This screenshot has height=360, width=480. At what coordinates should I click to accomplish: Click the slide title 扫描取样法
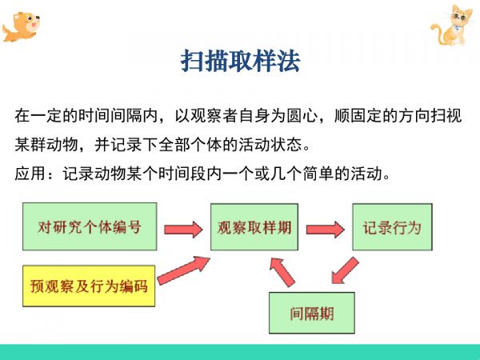click(240, 61)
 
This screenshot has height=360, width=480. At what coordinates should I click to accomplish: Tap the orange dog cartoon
click(21, 27)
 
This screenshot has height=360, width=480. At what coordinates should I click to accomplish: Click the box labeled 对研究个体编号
click(90, 226)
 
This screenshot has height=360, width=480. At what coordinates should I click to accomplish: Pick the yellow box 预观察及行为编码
click(89, 286)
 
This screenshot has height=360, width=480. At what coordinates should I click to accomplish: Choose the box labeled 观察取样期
click(254, 227)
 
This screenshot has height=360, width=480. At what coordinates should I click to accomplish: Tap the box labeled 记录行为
click(392, 227)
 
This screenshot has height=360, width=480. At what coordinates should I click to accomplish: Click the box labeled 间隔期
click(312, 313)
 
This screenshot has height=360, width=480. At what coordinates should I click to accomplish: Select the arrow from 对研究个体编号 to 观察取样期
click(183, 230)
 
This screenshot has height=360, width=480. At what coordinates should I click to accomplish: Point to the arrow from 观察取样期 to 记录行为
click(325, 230)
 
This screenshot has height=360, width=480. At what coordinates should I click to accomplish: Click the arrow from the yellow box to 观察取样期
click(183, 270)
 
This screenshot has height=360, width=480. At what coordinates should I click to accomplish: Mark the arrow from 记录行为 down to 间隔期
click(345, 270)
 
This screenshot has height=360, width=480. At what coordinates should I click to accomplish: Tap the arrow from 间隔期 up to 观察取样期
click(282, 272)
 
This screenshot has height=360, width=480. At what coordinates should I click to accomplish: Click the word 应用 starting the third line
click(30, 174)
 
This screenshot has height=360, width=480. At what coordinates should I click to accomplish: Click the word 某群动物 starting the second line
click(46, 145)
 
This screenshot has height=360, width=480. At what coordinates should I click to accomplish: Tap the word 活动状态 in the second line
click(270, 145)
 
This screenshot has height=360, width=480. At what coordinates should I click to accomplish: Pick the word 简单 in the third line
click(318, 174)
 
